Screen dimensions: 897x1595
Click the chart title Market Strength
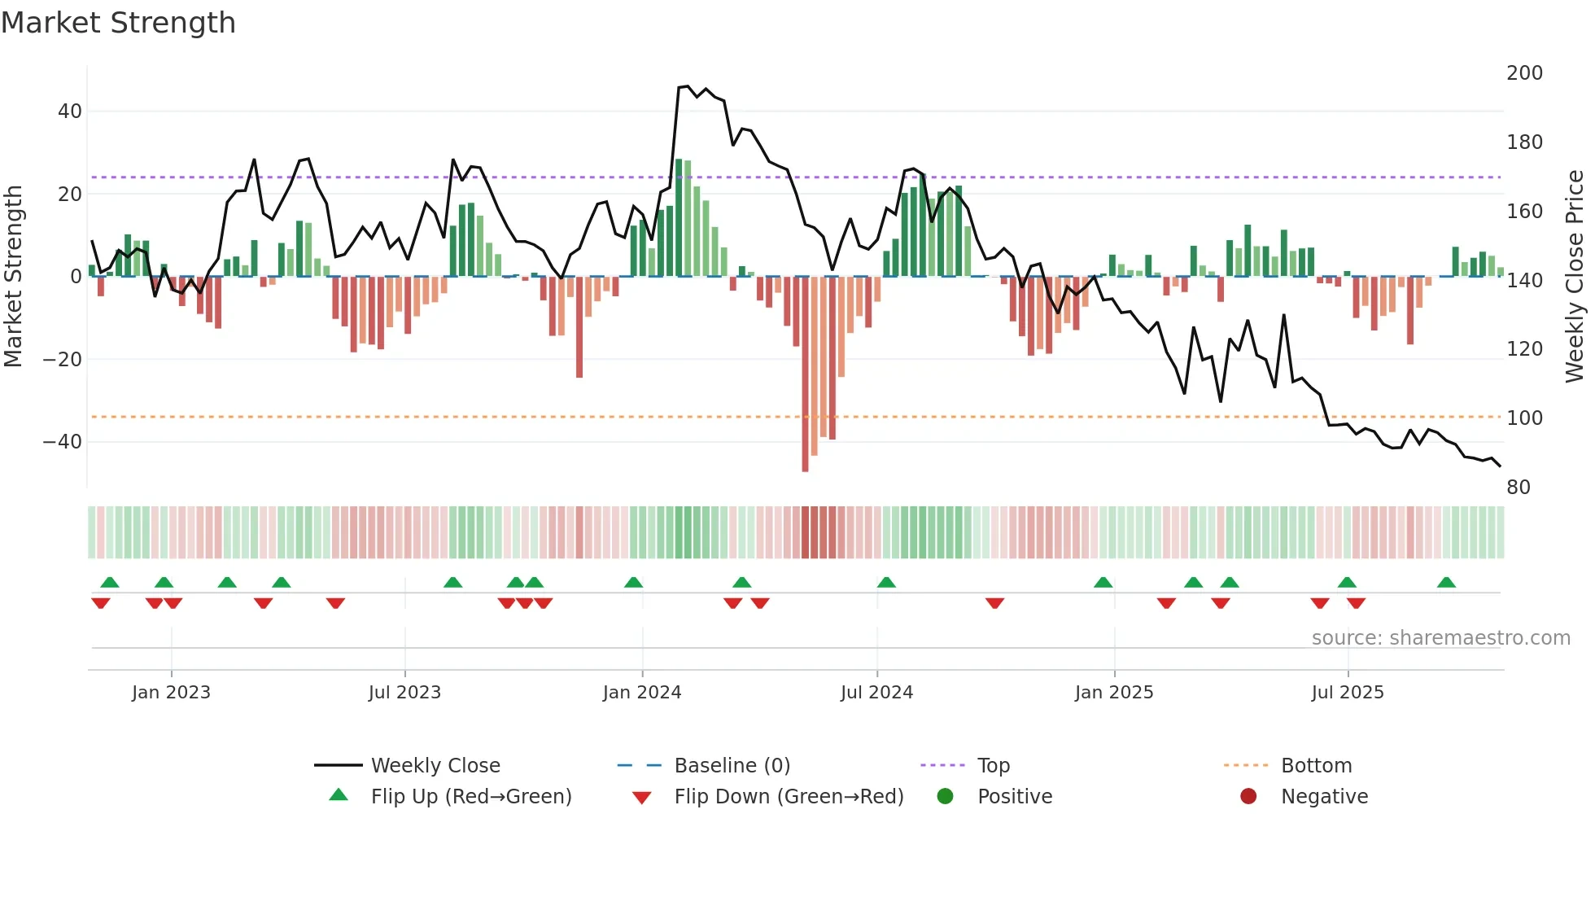point(118,23)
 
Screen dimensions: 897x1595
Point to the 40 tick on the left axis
point(70,112)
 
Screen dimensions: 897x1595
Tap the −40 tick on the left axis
point(63,442)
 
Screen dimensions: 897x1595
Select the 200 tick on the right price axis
point(1524,73)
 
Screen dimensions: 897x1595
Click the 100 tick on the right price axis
point(1524,418)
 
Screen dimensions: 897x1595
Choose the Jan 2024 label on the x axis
point(641,693)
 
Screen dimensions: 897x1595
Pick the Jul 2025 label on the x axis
point(1347,693)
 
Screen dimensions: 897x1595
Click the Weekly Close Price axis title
point(1575,277)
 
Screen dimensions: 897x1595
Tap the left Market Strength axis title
point(14,277)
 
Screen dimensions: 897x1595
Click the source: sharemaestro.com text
point(1440,638)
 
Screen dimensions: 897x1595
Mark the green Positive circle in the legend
point(945,797)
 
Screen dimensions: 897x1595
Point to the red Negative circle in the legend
point(1248,797)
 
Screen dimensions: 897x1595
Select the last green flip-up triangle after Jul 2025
point(1446,583)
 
